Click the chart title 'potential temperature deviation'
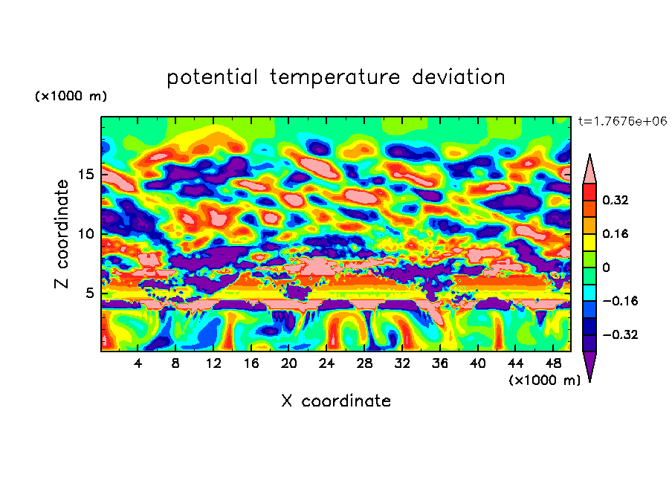coord(336,78)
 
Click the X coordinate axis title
coord(336,401)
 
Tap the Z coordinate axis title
coord(62,234)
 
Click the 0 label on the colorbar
coord(607,268)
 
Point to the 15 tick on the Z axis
coord(86,174)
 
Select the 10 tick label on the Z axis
coord(86,234)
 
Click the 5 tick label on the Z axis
coord(90,294)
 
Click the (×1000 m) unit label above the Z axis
coord(71,97)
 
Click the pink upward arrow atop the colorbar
coord(589,168)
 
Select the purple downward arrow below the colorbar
coord(589,366)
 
